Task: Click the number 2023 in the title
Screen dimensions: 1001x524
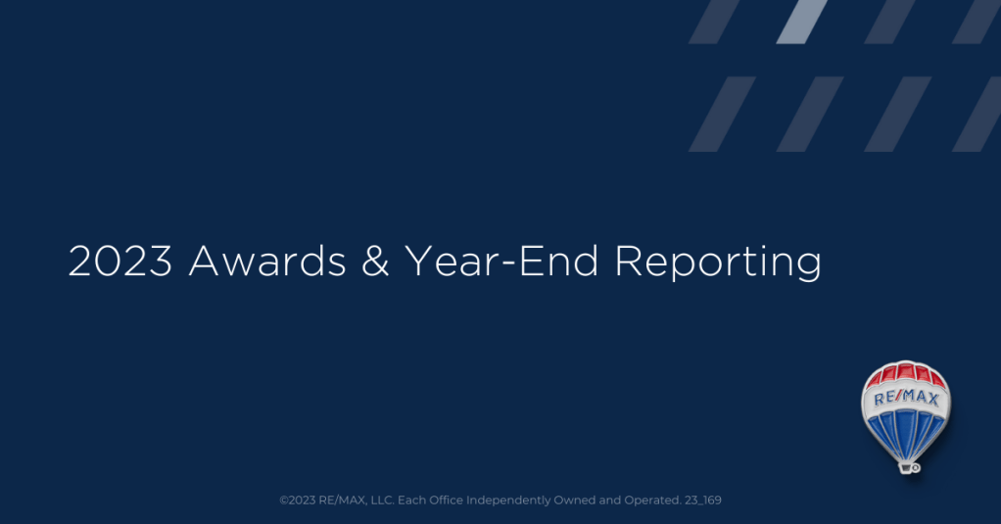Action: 120,262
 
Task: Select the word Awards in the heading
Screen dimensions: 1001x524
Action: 267,262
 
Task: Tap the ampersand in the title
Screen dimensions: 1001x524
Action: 375,262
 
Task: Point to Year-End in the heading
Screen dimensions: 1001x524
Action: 501,262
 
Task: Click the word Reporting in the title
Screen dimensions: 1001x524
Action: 718,262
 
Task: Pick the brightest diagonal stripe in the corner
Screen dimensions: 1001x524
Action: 802,22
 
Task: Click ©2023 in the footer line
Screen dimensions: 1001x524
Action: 298,500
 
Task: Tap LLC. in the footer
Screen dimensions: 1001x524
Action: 382,500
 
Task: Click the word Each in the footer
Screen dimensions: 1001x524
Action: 411,500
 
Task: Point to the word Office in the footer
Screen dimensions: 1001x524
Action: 446,500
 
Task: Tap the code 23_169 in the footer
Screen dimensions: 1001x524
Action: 703,500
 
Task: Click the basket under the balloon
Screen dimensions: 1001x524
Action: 907,468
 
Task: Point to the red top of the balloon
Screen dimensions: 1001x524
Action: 905,373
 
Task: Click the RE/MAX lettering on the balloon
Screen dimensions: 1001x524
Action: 906,399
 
